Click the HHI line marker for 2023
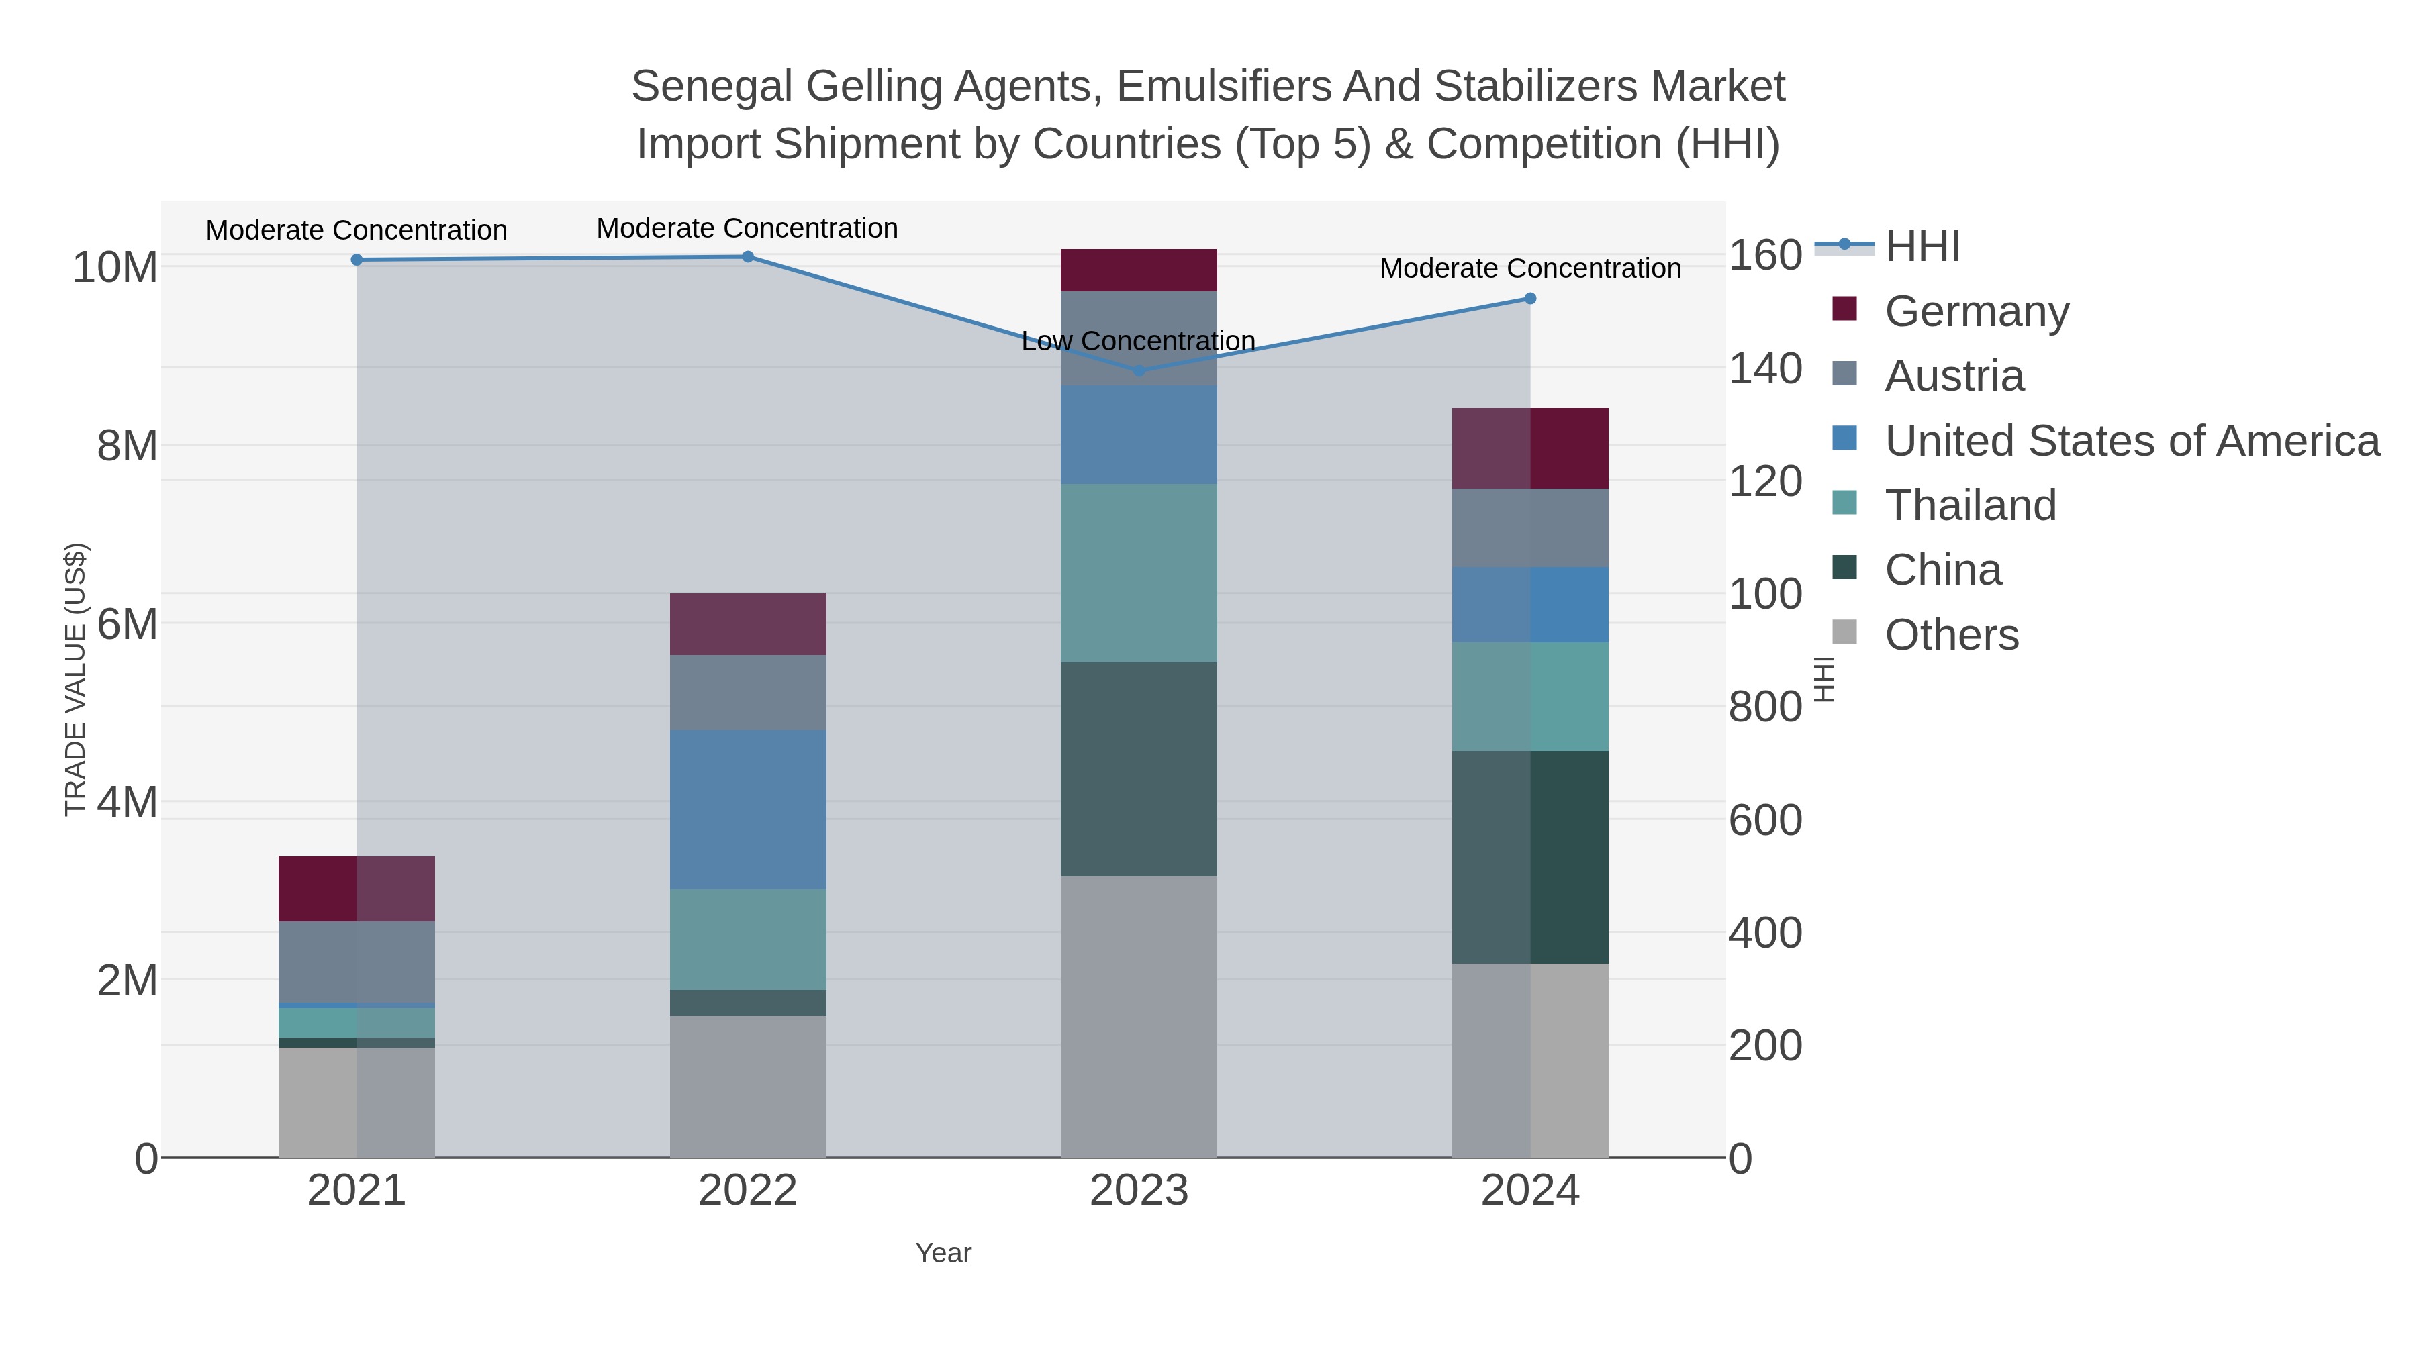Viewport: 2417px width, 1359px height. [1139, 370]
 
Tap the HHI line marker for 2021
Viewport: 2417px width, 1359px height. [357, 260]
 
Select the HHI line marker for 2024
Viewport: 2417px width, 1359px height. [1530, 298]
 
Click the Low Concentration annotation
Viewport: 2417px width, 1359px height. [1138, 342]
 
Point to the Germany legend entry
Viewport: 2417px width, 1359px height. [1976, 311]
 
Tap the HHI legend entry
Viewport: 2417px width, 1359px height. [1922, 247]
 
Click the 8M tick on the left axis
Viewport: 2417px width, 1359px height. [127, 446]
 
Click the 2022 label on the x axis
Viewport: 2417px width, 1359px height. [748, 1191]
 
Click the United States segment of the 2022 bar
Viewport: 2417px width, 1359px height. [748, 809]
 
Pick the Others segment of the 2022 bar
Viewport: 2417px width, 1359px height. [748, 1086]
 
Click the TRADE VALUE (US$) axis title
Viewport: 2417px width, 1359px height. [75, 679]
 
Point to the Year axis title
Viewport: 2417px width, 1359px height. [943, 1253]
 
